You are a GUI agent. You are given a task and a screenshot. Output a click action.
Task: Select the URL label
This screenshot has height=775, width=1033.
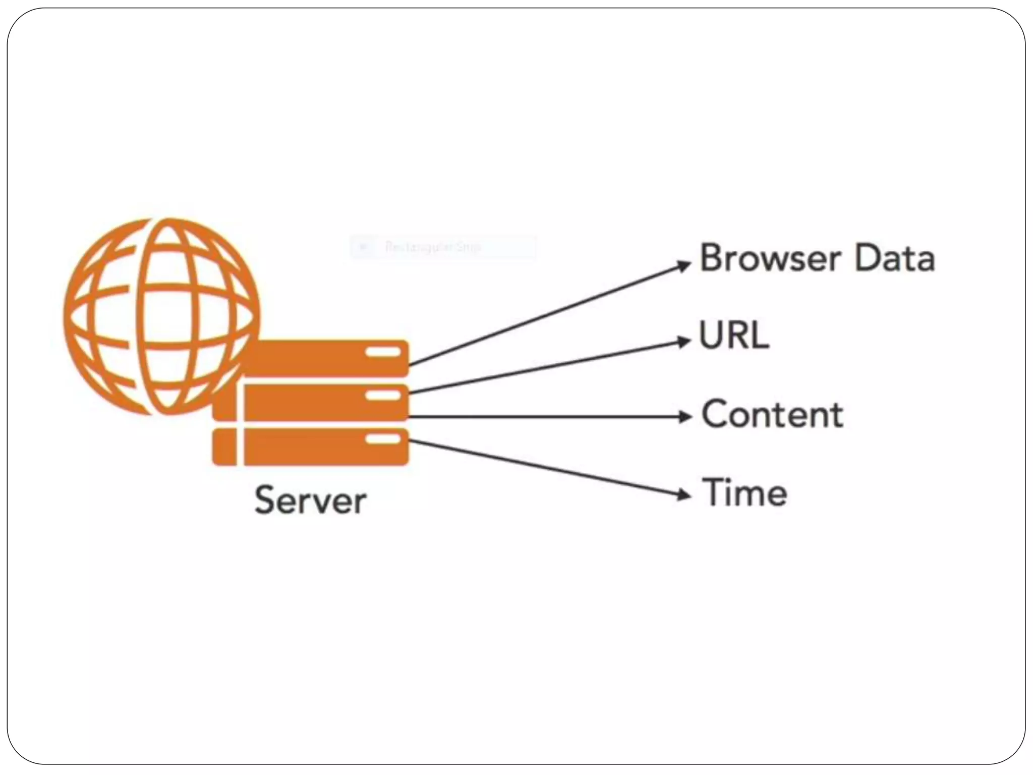734,335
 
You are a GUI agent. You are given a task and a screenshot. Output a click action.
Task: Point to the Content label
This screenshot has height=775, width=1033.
772,414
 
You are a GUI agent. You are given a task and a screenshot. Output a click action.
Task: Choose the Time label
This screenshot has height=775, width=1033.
744,492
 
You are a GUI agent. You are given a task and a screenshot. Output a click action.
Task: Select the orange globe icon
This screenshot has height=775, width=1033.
161,316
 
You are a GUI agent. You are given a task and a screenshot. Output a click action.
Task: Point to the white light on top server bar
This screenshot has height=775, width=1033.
383,352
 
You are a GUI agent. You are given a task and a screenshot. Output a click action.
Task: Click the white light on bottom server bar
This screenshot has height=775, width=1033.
383,439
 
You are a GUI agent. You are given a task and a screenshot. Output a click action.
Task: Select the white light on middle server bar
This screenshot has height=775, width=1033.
383,396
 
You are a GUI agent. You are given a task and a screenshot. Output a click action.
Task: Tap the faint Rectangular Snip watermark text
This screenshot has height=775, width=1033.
433,247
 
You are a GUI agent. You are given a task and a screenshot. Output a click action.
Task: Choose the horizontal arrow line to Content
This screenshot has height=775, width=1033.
545,417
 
